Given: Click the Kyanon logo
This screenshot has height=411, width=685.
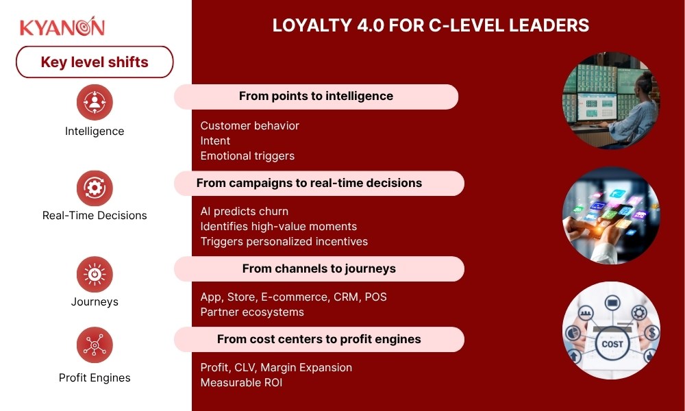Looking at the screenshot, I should (x=62, y=27).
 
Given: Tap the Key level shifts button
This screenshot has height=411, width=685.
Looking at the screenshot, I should (x=95, y=62).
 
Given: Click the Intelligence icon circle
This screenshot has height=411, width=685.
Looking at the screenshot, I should (x=95, y=102).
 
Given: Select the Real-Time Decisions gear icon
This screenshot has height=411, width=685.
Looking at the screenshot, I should (x=95, y=187).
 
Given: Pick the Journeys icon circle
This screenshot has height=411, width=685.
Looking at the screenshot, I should (x=95, y=273).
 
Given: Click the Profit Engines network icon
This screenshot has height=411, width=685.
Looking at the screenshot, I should (x=95, y=345).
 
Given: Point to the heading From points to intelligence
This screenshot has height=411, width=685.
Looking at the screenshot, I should (x=316, y=97).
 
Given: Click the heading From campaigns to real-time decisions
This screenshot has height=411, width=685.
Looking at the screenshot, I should (x=309, y=183).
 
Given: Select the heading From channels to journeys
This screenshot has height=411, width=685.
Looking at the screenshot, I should (x=319, y=269).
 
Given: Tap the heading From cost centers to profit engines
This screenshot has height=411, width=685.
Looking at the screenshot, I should (x=319, y=339).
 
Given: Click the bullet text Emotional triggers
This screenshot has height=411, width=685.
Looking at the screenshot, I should (x=247, y=155).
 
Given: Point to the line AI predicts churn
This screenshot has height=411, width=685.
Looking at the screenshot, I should (x=244, y=211).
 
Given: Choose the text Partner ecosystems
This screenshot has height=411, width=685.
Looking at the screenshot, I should (x=252, y=312).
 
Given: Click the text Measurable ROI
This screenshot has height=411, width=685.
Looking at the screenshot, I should (x=241, y=382).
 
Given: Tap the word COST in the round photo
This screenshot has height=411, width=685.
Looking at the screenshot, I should (x=612, y=344).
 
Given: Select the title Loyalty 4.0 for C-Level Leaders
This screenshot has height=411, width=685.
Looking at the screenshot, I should (x=431, y=25).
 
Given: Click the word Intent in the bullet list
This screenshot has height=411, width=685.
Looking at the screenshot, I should (x=215, y=140).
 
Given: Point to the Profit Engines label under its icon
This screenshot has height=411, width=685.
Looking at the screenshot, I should (x=95, y=377).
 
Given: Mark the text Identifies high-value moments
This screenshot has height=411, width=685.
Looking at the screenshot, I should (x=278, y=226).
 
